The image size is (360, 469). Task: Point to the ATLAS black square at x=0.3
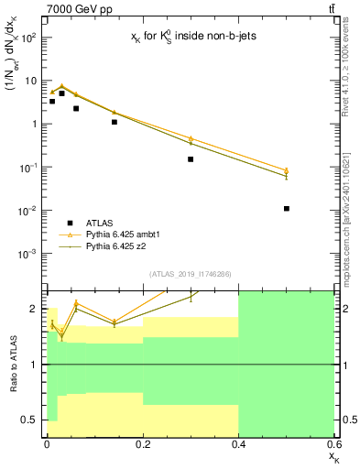point(191,159)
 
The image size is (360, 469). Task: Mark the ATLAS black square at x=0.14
point(114,122)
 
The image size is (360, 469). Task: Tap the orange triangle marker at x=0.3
point(191,138)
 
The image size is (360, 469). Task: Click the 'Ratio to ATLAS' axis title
point(12,365)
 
